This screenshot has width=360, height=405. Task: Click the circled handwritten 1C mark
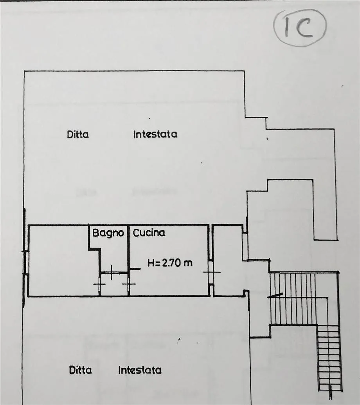pos(300,27)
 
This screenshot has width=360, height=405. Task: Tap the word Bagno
pos(108,233)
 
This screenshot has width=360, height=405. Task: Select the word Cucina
pos(149,233)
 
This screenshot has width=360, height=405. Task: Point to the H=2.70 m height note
pos(170,263)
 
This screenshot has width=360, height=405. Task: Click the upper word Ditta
pos(78,134)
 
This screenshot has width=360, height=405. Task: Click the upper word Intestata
pos(155,134)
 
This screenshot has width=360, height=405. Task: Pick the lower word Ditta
pos(80,370)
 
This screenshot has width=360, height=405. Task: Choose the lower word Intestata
pos(140,370)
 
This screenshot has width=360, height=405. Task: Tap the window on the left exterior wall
pos(25,262)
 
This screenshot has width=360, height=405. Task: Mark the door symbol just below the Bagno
pos(112,272)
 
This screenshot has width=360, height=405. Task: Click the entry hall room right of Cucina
pos(229,260)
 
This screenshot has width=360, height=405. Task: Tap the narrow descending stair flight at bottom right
pos(329,358)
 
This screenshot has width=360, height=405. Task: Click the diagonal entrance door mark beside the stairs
pos(275,295)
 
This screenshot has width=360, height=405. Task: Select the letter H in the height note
pos(150,263)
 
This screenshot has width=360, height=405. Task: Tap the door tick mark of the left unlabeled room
pos(99,284)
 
